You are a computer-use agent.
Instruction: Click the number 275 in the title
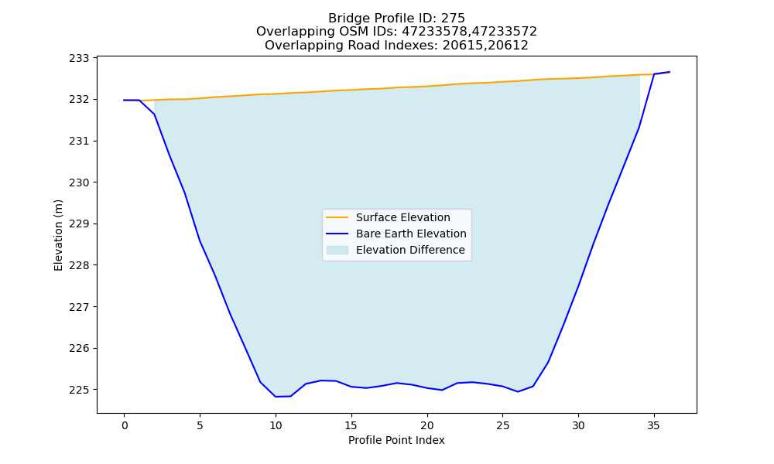(453, 19)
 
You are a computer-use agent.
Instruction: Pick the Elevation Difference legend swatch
(337, 250)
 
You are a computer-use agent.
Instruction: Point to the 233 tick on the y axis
(79, 58)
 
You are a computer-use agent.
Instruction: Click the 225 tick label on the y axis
(79, 390)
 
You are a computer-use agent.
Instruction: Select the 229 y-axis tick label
(79, 224)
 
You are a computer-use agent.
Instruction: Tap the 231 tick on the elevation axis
(79, 142)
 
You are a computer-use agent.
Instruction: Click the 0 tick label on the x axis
(125, 425)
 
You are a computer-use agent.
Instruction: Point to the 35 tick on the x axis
(653, 425)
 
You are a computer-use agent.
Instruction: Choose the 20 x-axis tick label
(427, 425)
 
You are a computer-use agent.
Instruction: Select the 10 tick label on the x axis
(276, 425)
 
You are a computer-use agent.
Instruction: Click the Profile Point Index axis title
(396, 440)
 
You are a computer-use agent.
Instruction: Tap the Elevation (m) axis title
(59, 235)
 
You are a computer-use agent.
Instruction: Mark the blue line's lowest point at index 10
(276, 397)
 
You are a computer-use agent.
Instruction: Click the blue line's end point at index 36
(670, 72)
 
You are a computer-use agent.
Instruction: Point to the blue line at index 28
(548, 363)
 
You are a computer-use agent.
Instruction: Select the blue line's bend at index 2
(155, 114)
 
